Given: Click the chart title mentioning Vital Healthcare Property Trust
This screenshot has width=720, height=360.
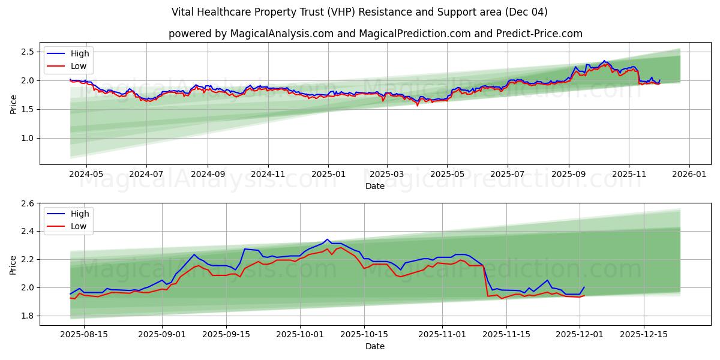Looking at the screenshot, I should [x=359, y=12].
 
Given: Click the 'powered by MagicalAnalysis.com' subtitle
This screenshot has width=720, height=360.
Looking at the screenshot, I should [x=375, y=34].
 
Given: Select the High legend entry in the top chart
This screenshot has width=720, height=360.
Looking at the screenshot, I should [x=79, y=53].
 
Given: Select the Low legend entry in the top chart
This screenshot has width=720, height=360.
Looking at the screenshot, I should [x=79, y=66].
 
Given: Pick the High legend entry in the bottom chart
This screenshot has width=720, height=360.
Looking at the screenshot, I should [x=79, y=214].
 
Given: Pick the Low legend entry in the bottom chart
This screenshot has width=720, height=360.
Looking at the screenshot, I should [x=79, y=226].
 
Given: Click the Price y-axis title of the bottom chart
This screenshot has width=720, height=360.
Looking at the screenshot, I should [x=13, y=264].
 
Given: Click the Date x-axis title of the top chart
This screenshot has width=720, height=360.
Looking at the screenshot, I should [x=375, y=186].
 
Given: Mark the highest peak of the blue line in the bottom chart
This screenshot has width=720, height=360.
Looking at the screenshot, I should [x=327, y=239].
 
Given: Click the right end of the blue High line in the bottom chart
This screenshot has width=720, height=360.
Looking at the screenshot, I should [x=584, y=287].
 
